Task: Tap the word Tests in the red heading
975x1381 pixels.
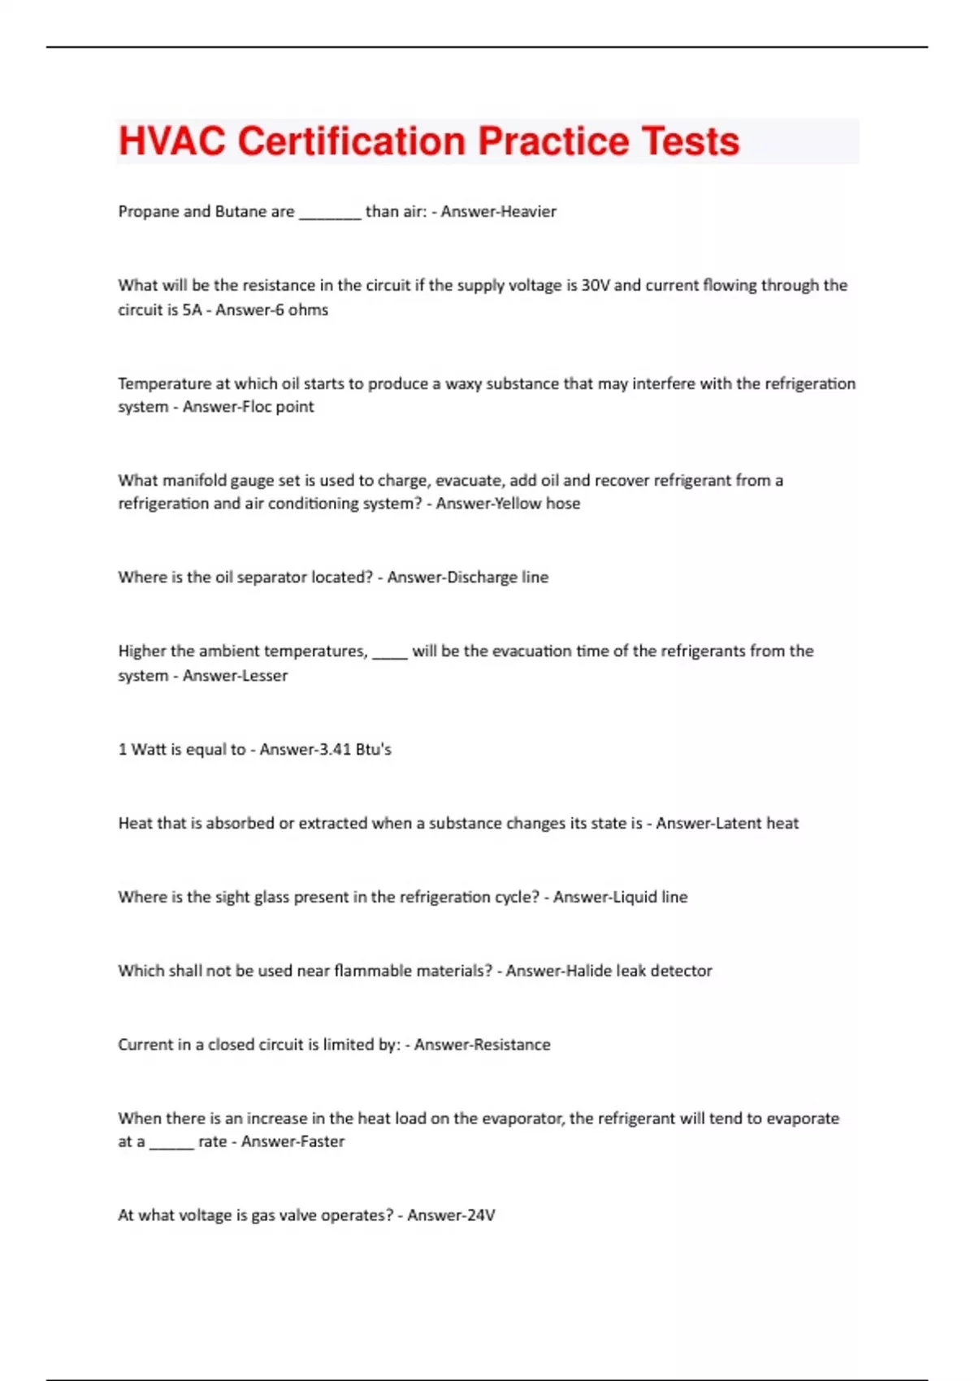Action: click(x=690, y=141)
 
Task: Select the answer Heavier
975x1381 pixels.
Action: click(x=527, y=211)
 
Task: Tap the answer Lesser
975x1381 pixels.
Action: click(x=262, y=675)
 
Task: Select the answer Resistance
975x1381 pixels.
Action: click(x=511, y=1045)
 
